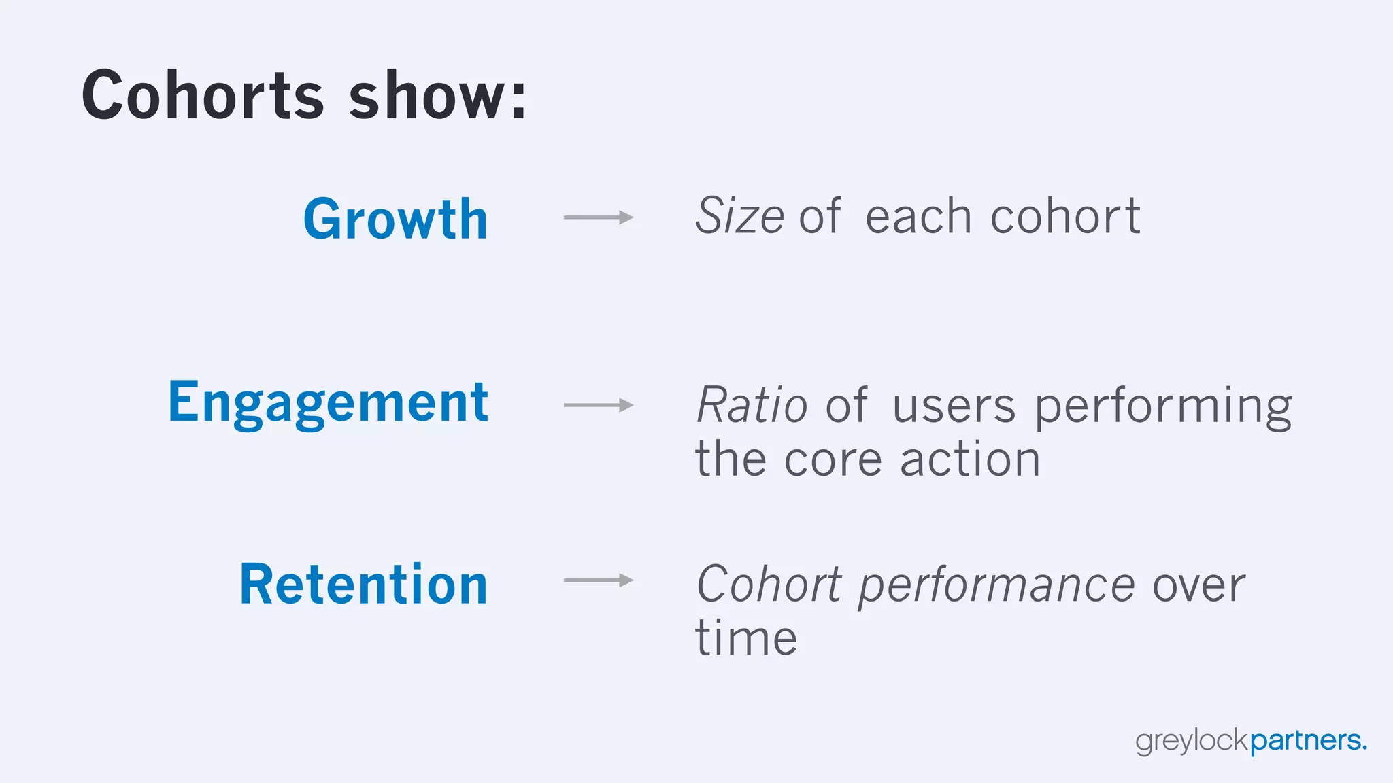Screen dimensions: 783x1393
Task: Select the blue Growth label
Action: click(x=395, y=219)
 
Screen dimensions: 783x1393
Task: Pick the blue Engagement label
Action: click(x=328, y=403)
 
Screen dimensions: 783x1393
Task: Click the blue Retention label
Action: click(x=364, y=585)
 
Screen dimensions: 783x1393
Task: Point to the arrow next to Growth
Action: click(x=599, y=217)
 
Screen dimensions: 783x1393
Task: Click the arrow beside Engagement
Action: click(x=599, y=405)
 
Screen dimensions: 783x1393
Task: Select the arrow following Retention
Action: click(x=599, y=580)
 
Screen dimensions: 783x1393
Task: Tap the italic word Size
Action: click(x=739, y=216)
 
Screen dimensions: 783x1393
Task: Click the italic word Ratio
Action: click(x=752, y=406)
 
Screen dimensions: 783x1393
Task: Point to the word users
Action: click(x=954, y=406)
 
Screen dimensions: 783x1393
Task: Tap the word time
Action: click(x=746, y=638)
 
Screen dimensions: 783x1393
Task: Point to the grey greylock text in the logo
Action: click(x=1192, y=741)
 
